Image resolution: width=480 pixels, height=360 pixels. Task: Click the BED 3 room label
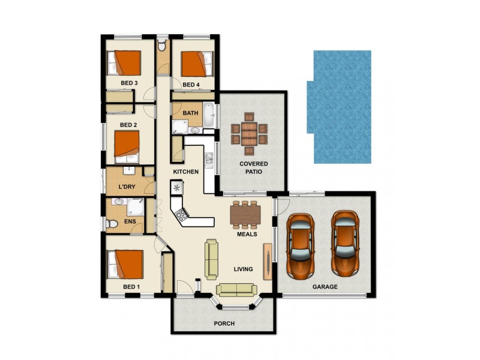click(129, 83)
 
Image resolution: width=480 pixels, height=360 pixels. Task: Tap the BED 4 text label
click(191, 85)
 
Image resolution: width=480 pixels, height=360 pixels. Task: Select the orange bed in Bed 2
click(127, 147)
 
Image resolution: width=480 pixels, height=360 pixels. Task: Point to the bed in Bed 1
click(125, 264)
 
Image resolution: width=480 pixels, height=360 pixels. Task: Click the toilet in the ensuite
click(112, 224)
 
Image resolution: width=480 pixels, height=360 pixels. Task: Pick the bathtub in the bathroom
click(209, 115)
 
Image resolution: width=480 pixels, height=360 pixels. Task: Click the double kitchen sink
click(209, 159)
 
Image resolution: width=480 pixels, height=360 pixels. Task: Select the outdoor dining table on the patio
click(249, 134)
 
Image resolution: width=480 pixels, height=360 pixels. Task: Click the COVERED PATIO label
click(253, 168)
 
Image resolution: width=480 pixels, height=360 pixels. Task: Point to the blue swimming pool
click(339, 107)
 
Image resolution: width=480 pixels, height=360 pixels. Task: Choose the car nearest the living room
click(301, 246)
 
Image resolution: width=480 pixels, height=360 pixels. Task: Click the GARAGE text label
click(325, 287)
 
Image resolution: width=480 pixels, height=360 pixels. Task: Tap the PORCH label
click(224, 323)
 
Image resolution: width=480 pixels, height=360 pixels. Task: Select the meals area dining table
click(245, 215)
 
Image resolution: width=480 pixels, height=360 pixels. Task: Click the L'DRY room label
click(127, 187)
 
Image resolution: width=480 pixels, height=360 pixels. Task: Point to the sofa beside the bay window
click(236, 290)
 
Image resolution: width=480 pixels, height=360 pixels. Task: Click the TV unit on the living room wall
click(268, 262)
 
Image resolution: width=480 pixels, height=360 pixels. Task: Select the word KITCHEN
click(186, 172)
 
